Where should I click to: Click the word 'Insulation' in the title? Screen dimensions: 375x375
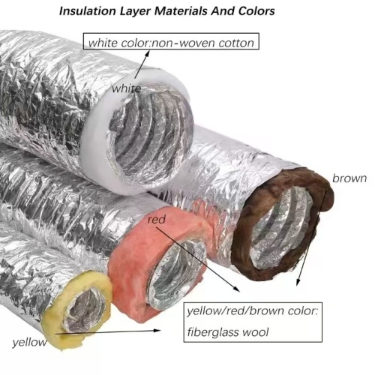click(88, 11)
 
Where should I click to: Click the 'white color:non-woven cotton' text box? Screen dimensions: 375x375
click(171, 41)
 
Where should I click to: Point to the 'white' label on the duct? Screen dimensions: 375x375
click(127, 88)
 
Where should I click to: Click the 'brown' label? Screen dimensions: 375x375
click(349, 178)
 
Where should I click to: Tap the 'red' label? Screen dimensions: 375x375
click(157, 220)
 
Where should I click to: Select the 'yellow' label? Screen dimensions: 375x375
click(29, 342)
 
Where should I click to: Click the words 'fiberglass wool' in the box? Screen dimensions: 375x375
click(228, 332)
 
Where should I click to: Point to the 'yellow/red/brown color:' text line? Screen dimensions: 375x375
click(253, 311)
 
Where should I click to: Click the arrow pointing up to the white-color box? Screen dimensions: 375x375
click(142, 64)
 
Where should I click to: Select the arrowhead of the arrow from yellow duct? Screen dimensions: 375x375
click(157, 331)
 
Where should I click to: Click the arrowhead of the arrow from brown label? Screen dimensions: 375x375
click(298, 282)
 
